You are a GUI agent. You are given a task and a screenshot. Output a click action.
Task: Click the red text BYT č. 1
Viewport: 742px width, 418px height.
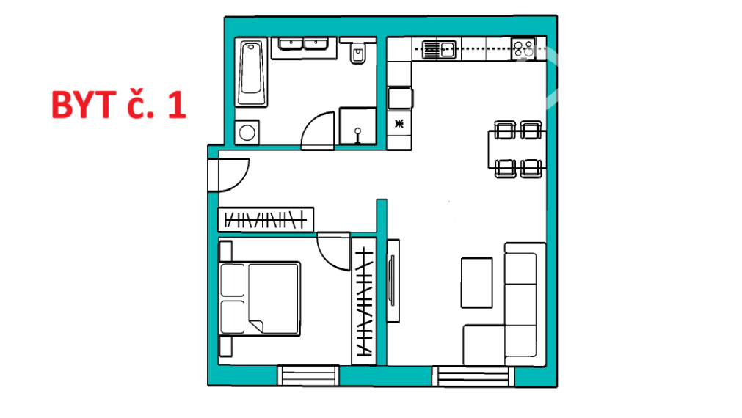point(118,104)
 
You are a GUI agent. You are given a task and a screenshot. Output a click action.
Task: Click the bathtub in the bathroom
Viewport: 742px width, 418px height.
point(251,73)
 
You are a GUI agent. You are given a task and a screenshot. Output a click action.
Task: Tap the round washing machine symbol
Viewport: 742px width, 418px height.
point(247,133)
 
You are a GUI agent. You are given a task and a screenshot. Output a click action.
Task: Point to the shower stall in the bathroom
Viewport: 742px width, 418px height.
point(357,126)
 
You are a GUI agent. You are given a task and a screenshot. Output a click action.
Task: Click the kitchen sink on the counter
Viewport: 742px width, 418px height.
point(439,49)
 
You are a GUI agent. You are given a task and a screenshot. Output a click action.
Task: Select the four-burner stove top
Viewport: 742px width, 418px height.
point(523,48)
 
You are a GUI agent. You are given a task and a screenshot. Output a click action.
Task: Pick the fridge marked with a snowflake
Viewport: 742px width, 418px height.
point(399,125)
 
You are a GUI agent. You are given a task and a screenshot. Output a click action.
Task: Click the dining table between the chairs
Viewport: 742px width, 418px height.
point(517,150)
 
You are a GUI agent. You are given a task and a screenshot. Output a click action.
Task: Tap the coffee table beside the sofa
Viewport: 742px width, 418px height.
point(476,282)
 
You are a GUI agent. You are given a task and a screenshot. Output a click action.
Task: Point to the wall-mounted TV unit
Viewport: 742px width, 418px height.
point(393,281)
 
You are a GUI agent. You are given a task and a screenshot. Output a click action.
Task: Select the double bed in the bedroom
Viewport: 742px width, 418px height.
point(260,299)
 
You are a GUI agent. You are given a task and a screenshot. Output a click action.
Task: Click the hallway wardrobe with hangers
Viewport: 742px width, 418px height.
point(266,220)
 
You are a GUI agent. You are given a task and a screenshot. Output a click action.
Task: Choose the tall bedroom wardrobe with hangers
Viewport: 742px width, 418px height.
point(364,301)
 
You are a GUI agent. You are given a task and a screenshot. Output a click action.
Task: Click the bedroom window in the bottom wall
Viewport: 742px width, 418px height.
point(308,375)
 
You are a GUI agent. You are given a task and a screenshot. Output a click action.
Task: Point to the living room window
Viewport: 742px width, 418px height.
point(473,376)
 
